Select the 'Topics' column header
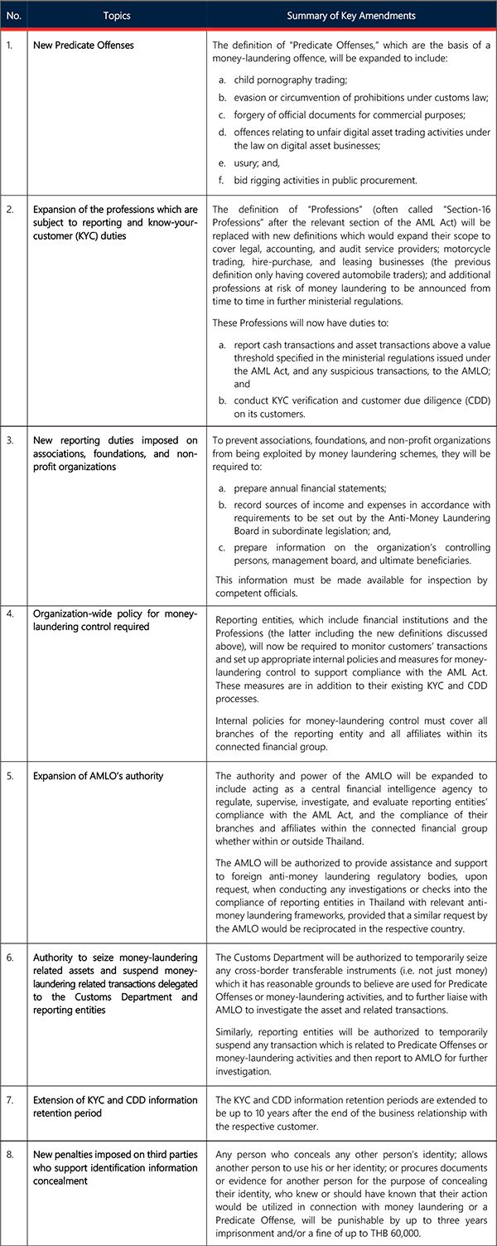(117, 16)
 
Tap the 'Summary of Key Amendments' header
(351, 16)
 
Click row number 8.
(10, 1154)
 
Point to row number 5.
(10, 776)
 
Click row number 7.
(10, 1100)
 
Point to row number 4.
(10, 613)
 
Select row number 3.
(10, 439)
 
